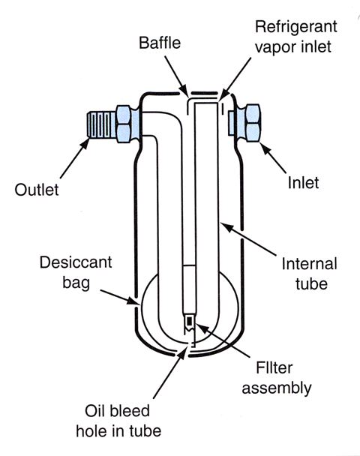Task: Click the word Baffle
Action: pos(160,43)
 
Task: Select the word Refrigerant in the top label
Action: pos(296,28)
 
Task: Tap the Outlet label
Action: pos(37,190)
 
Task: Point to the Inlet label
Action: pos(303,183)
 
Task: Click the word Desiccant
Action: pos(76,262)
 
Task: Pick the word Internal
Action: pos(310,264)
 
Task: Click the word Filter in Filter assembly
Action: pos(274,367)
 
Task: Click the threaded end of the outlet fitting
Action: pos(101,124)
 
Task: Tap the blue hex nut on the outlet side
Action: pos(124,124)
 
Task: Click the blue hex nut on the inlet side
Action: pos(252,123)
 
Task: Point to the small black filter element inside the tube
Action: pos(190,321)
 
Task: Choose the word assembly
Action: pos(277,388)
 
